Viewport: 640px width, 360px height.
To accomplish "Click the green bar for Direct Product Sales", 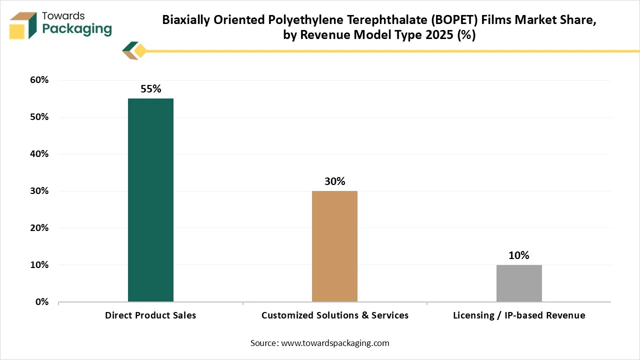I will [150, 200].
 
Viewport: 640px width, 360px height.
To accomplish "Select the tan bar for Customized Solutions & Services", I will [334, 246].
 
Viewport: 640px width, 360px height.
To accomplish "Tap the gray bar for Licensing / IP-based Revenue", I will [519, 283].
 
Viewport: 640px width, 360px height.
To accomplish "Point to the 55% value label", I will [150, 89].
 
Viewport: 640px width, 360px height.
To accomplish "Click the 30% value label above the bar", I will [334, 181].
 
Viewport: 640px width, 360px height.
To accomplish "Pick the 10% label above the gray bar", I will [519, 255].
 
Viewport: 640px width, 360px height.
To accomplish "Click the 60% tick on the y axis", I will [39, 80].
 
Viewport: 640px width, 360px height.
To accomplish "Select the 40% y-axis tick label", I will [39, 154].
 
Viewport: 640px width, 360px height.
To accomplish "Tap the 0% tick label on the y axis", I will [41, 302].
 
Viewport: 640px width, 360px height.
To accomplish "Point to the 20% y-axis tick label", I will [39, 228].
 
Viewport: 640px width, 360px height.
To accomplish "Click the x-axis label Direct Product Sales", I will [150, 315].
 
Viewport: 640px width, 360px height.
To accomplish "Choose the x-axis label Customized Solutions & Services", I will [334, 315].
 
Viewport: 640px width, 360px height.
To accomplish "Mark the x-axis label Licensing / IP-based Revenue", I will [519, 315].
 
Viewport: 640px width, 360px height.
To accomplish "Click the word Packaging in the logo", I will [76, 29].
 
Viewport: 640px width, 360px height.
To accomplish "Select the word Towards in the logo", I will [63, 15].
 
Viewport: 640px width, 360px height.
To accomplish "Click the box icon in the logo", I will [23, 25].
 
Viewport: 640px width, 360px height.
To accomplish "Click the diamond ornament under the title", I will [140, 51].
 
